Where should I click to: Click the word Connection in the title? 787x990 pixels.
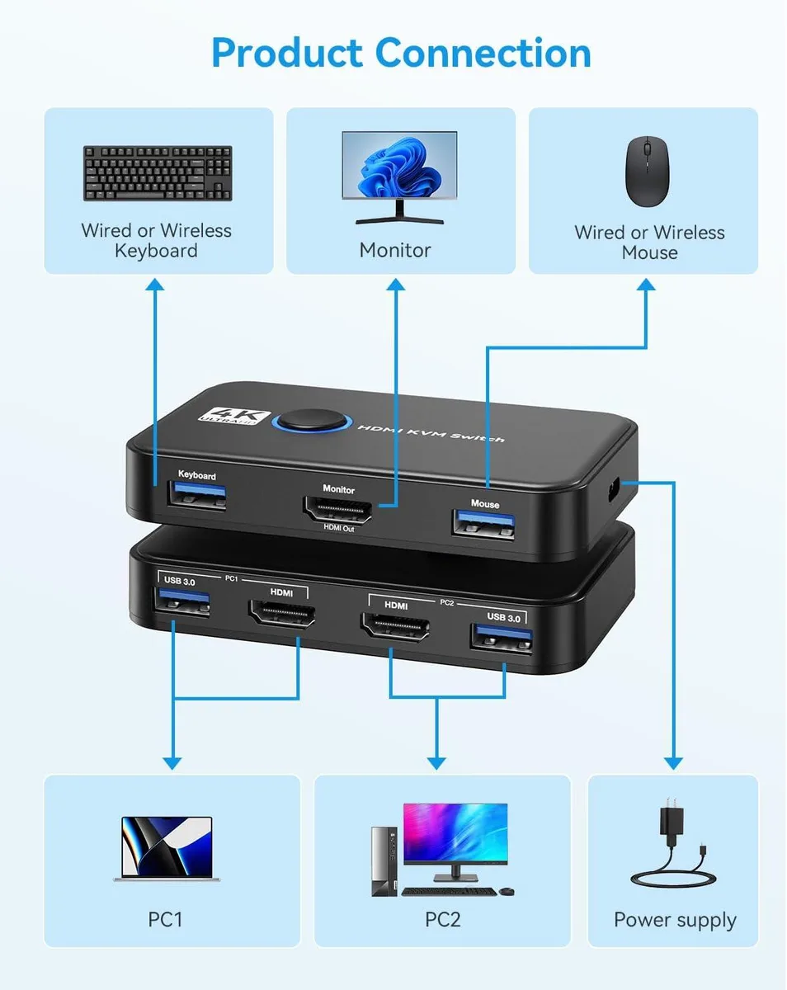(483, 53)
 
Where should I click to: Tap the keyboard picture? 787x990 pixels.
(158, 173)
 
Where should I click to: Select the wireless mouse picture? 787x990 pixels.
(647, 172)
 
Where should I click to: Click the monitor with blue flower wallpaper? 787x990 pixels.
(399, 177)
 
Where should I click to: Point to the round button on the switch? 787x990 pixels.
(313, 422)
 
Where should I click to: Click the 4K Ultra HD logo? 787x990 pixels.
(234, 416)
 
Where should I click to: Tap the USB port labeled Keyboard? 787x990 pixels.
(196, 494)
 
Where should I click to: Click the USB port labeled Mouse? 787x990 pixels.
(483, 524)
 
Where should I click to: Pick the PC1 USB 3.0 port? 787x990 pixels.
(181, 602)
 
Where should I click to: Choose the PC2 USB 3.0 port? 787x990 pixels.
(502, 638)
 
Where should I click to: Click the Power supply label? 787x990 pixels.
(675, 920)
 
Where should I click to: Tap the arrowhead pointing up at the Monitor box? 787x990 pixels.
(396, 285)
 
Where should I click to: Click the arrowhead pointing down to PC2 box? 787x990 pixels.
(436, 764)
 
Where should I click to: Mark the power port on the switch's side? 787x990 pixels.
(613, 490)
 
